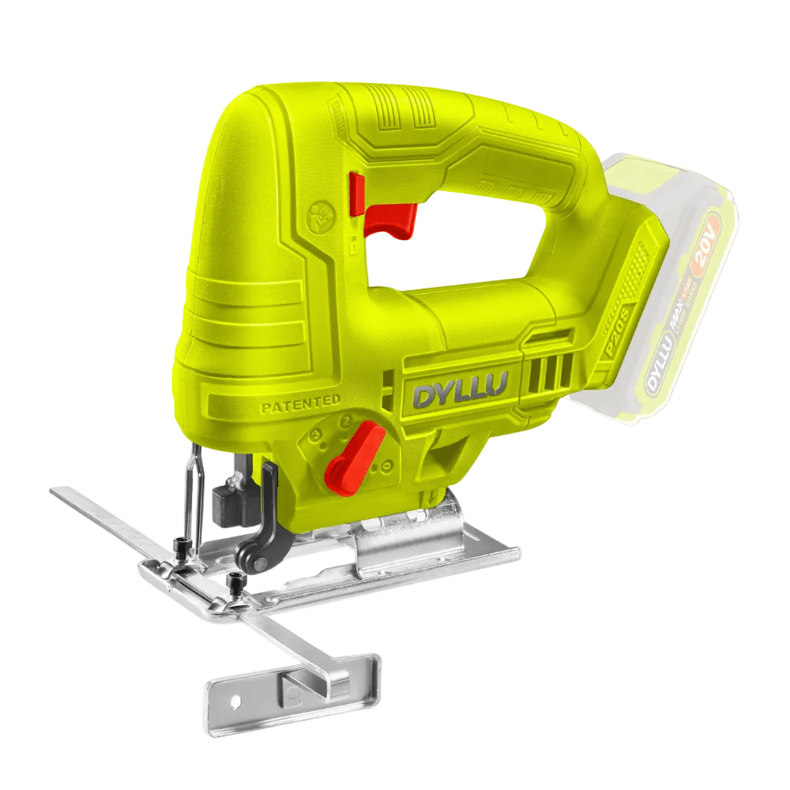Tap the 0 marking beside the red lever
point(384,467)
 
